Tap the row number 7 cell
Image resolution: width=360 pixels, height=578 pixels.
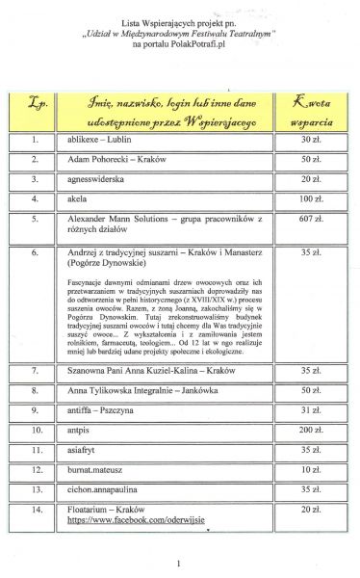(x=36, y=368)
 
